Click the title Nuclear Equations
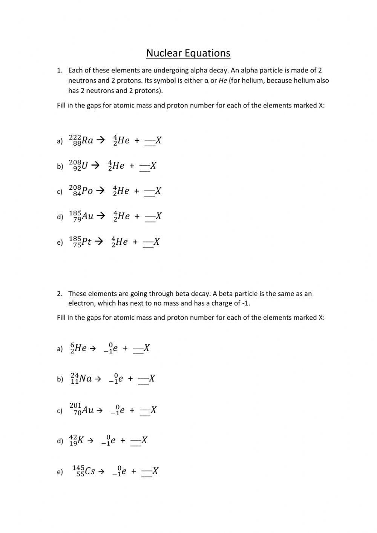(188, 53)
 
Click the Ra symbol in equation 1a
(87, 140)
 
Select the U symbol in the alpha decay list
(84, 165)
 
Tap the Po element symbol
(87, 191)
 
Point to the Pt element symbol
(86, 241)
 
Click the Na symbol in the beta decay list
(86, 378)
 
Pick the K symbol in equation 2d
(80, 440)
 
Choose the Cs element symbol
(90, 471)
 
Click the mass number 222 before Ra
(75, 137)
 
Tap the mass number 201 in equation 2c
(75, 406)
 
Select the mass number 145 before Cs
(78, 468)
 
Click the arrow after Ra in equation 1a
(100, 140)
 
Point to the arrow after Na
(98, 379)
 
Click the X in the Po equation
(158, 191)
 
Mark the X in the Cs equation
(155, 471)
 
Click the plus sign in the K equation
(123, 441)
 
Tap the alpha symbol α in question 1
(206, 80)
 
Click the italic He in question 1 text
(223, 80)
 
